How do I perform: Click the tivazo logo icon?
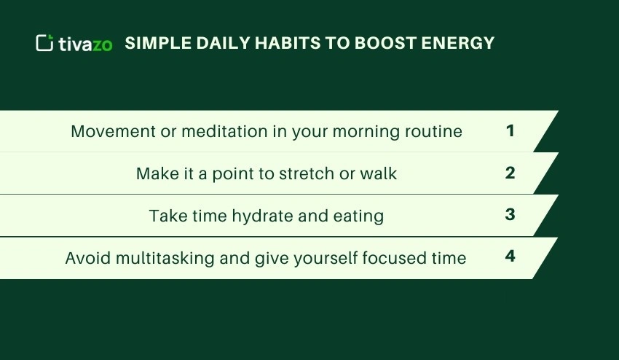(x=44, y=43)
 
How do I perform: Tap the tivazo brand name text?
(x=86, y=44)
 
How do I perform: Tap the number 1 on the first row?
(x=510, y=131)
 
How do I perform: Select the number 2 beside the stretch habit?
(x=510, y=173)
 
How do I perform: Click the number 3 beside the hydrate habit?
(x=510, y=215)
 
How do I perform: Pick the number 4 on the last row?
(x=510, y=257)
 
